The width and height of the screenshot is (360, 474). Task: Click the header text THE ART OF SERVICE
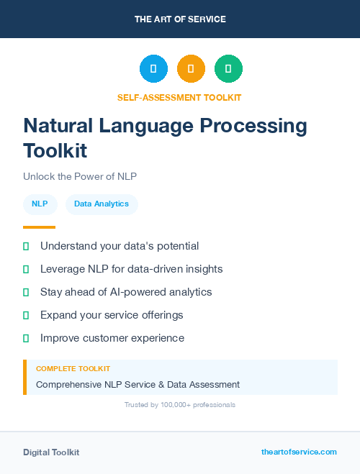pos(180,19)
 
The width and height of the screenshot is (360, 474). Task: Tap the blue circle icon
pos(153,69)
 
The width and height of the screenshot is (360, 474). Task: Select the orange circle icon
pos(191,69)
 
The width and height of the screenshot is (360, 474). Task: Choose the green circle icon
pos(228,69)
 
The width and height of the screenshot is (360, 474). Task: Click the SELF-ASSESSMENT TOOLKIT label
pos(179,97)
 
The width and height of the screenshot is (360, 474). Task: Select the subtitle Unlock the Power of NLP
pos(80,176)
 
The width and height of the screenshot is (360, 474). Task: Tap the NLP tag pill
pos(40,204)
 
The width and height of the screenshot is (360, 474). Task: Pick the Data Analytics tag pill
pos(102,204)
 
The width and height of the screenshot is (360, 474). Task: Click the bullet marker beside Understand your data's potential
pos(26,246)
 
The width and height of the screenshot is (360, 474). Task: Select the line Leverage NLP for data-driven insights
pos(131,269)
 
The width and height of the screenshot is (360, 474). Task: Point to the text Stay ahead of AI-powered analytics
pos(126,292)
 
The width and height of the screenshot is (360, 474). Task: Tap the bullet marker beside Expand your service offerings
pos(26,315)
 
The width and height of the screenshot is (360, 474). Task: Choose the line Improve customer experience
pos(112,338)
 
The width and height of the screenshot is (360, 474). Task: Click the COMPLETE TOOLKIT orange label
pos(73,368)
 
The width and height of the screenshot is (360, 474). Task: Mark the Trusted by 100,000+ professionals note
pos(180,405)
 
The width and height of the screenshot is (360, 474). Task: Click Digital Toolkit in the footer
pos(51,452)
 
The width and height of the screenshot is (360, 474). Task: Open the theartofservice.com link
pos(299,452)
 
